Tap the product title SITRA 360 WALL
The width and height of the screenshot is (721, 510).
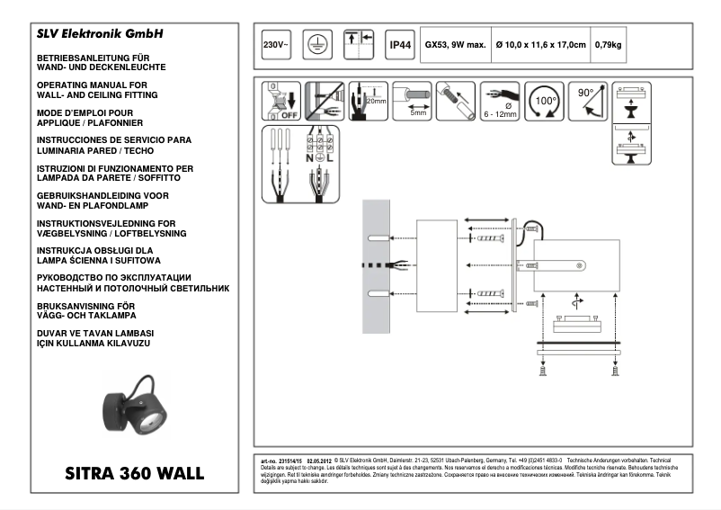pyautogui.click(x=135, y=472)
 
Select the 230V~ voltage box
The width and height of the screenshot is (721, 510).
pyautogui.click(x=274, y=44)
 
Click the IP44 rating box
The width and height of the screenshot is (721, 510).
pyautogui.click(x=399, y=44)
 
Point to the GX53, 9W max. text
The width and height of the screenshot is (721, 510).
pyautogui.click(x=455, y=44)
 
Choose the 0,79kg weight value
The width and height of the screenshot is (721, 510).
pyautogui.click(x=609, y=44)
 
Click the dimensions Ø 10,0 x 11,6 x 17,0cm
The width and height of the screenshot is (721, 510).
pyautogui.click(x=540, y=44)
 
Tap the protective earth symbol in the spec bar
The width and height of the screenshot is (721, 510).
pyautogui.click(x=314, y=44)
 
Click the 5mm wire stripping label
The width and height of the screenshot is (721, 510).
pyautogui.click(x=418, y=113)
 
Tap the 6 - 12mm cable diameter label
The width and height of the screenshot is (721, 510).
pyautogui.click(x=499, y=115)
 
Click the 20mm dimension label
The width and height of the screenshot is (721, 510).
pyautogui.click(x=377, y=102)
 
